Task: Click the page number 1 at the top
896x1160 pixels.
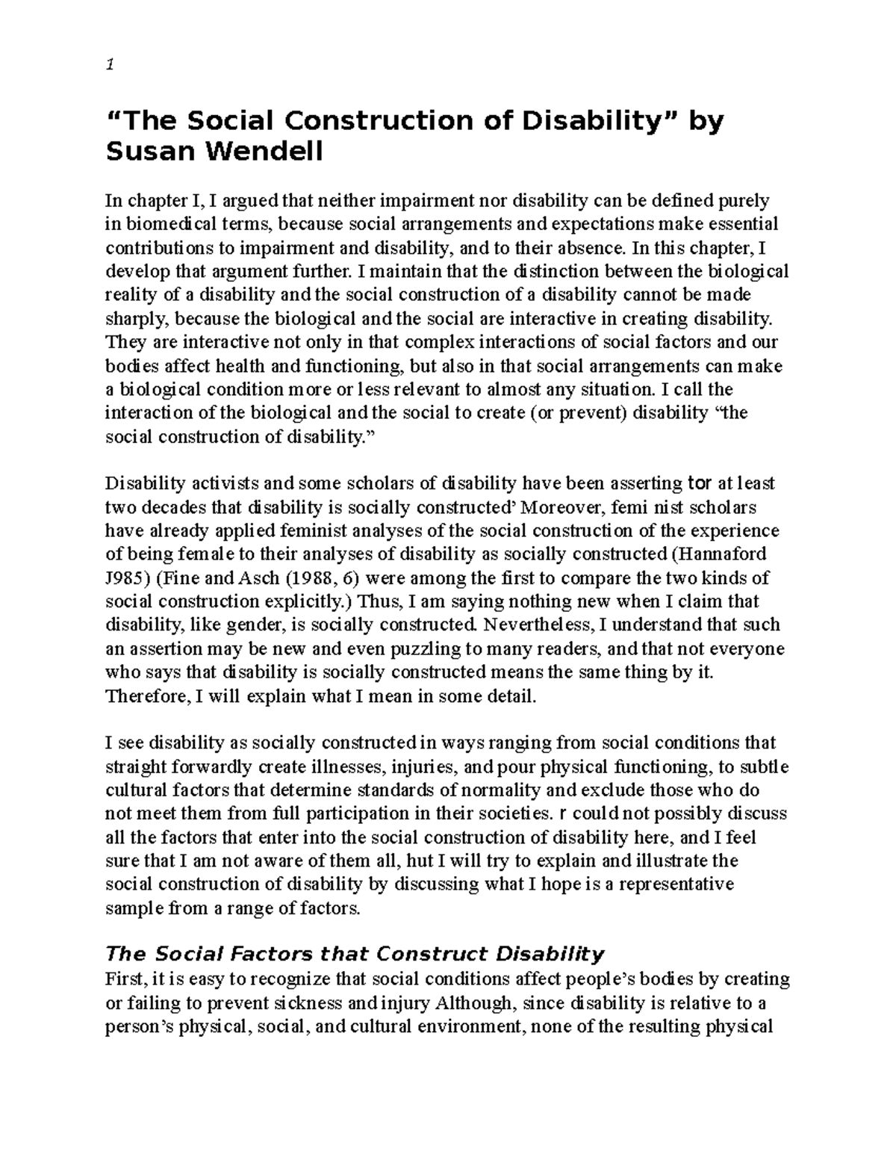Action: (x=109, y=64)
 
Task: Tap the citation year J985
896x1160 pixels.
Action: (x=125, y=578)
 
